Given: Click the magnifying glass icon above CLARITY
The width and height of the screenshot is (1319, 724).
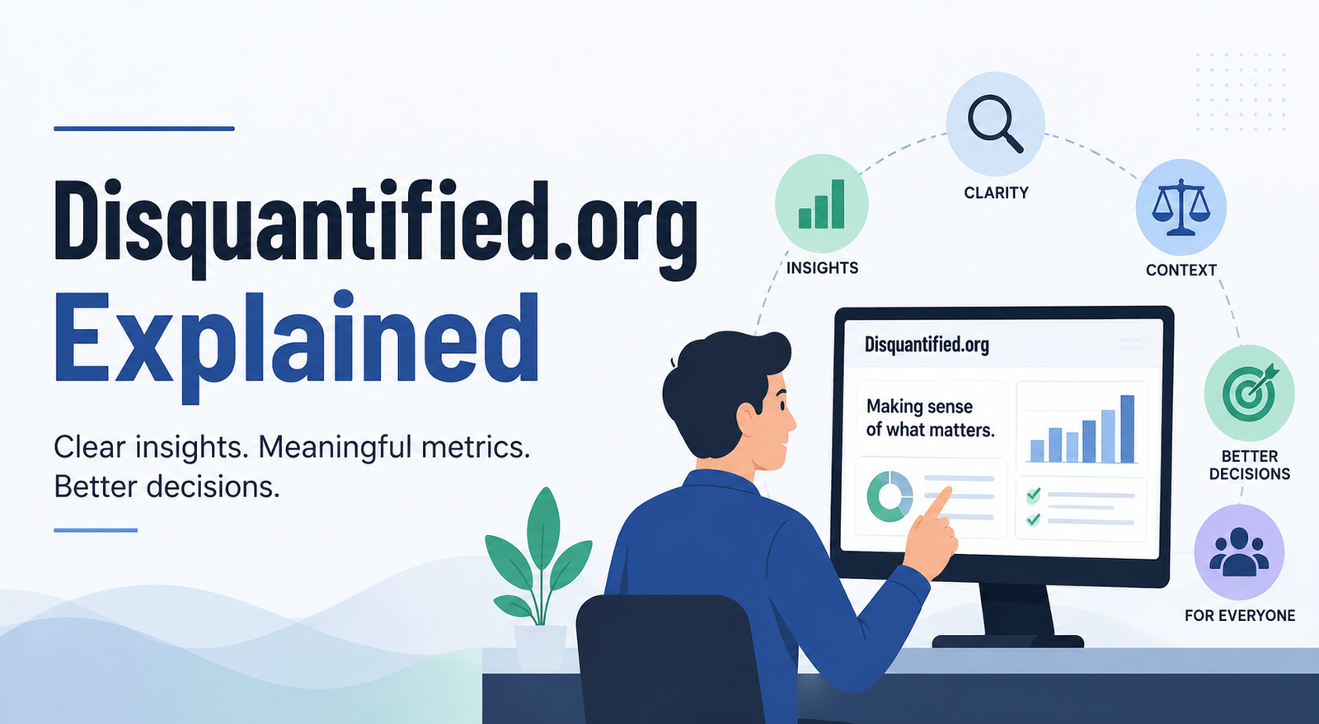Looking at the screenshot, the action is (x=995, y=125).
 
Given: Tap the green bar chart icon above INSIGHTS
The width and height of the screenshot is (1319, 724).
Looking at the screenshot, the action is (x=821, y=204).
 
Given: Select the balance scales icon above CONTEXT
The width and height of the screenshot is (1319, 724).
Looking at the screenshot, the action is (x=1181, y=208).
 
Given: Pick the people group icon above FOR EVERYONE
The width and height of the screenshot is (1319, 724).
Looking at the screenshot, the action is (x=1239, y=552).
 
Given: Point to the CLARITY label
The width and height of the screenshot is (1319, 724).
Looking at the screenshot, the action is (x=997, y=193).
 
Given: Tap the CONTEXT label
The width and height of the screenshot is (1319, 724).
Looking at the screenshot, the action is (x=1181, y=270).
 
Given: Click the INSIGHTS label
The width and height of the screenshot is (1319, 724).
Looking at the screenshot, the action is (x=823, y=268).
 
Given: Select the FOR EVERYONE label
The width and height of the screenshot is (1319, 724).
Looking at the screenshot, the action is (x=1240, y=616).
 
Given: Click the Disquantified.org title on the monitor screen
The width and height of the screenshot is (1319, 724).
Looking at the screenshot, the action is (x=927, y=345).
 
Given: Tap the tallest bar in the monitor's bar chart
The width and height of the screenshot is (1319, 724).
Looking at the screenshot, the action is (x=1127, y=429).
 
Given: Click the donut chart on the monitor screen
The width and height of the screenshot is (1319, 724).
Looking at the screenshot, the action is (x=890, y=496).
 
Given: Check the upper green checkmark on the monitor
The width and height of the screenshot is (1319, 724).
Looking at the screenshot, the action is (x=1033, y=495).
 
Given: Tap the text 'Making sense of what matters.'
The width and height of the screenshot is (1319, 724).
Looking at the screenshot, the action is (x=930, y=418).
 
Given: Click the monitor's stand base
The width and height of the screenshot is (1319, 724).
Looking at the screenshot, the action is (x=1007, y=642).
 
